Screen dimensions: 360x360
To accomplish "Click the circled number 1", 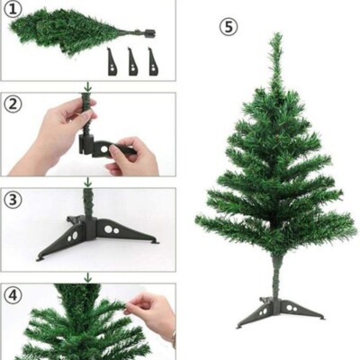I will point(12,10).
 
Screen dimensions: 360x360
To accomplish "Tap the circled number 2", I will point(13,103).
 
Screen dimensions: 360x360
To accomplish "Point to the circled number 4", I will point(13,295).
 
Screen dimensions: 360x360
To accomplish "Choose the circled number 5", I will point(229,27).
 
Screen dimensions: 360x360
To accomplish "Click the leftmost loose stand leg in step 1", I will point(112,62).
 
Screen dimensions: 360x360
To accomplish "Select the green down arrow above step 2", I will point(87,88).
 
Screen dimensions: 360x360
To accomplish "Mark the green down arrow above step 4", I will point(87,278).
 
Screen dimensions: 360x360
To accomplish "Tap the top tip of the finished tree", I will point(275,38).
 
